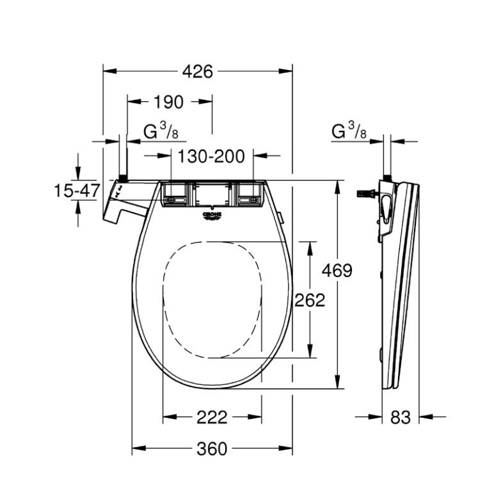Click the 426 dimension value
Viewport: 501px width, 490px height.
point(198,72)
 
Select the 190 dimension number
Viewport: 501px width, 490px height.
point(169,102)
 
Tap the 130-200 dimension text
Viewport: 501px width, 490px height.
point(211,156)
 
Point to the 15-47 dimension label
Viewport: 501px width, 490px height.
point(77,191)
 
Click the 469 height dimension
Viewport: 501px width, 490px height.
point(337,271)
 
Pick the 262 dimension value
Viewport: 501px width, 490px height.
point(310,300)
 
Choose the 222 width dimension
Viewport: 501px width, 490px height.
point(212,417)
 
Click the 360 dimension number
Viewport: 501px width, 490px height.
point(212,448)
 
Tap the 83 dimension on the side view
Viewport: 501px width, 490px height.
point(401,417)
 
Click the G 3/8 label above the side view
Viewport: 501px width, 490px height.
point(349,131)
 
